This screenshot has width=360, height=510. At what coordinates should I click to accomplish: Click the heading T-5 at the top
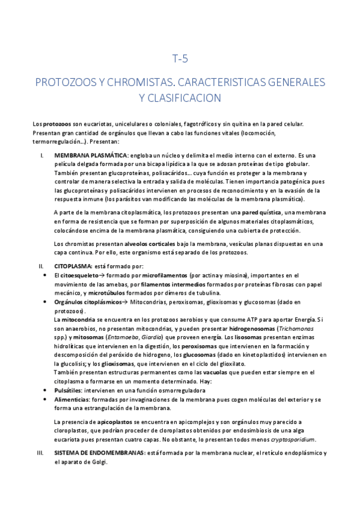coord(180,59)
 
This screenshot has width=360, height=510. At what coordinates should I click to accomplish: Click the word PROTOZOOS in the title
coord(64,82)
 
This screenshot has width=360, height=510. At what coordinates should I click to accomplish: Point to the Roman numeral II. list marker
coord(40,265)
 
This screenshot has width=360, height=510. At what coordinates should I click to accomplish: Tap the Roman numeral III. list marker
coord(40,453)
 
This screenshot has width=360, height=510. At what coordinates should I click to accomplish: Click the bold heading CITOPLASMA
coord(72,265)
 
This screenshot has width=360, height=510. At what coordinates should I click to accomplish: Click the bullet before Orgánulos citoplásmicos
coord(47,301)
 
